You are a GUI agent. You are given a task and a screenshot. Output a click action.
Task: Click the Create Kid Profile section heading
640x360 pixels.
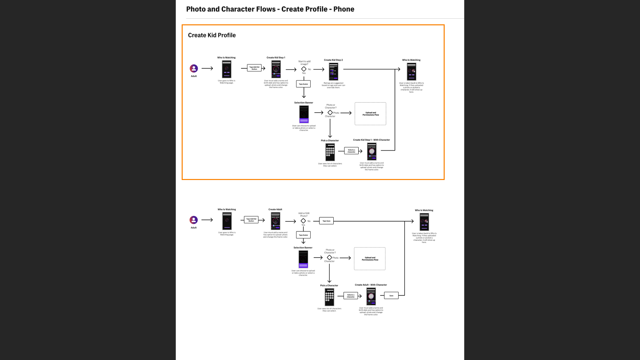click(x=212, y=35)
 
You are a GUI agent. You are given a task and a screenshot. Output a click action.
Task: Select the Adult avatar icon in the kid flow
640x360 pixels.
click(x=194, y=68)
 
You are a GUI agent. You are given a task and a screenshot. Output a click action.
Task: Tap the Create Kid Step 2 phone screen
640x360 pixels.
click(x=333, y=71)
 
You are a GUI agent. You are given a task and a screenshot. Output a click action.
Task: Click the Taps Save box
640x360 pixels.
click(x=326, y=221)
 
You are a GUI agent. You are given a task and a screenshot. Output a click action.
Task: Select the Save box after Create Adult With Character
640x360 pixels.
click(x=391, y=296)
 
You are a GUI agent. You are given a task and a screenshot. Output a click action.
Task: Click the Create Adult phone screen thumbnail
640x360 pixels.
click(x=275, y=221)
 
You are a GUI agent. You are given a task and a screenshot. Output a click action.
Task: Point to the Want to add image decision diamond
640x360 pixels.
click(x=304, y=69)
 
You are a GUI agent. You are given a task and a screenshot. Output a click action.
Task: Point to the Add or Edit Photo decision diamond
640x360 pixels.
click(x=303, y=221)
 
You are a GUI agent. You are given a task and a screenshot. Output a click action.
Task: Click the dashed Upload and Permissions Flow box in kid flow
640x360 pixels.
click(x=370, y=114)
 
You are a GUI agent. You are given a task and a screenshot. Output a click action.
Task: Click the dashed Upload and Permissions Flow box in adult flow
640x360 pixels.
click(x=370, y=259)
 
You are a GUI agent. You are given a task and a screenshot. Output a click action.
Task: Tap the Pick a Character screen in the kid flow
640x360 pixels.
click(x=330, y=152)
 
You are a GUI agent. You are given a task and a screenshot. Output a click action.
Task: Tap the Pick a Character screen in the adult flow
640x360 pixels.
click(x=329, y=297)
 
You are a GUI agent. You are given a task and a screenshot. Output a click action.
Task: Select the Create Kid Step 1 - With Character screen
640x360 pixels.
click(x=372, y=152)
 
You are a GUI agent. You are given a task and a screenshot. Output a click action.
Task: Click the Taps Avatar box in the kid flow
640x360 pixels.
click(x=303, y=84)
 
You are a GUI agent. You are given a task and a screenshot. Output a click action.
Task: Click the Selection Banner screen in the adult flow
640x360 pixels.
click(x=303, y=259)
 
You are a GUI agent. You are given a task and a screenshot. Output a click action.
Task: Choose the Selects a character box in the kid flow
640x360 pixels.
click(x=351, y=151)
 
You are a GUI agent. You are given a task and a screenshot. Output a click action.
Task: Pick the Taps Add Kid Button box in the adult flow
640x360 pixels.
click(x=251, y=220)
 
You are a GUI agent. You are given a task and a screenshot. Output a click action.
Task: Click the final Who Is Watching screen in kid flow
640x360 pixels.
click(x=411, y=72)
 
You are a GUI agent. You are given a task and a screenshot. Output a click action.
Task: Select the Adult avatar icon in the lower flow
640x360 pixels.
click(x=194, y=220)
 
